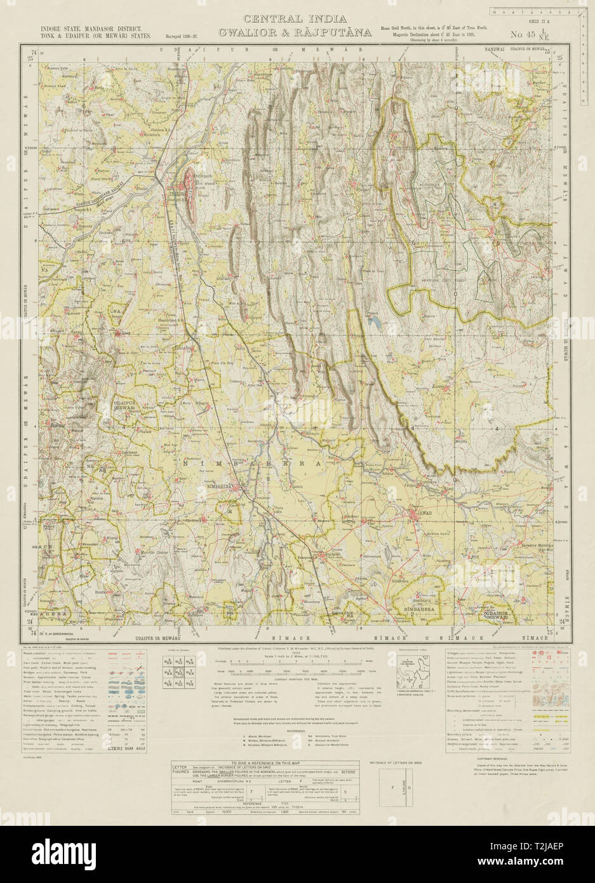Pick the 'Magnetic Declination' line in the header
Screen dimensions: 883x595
[x=432, y=35]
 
